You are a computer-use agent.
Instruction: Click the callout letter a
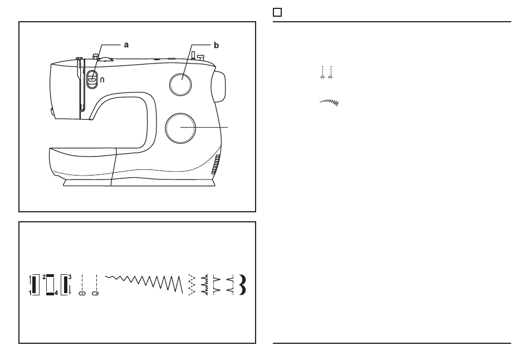click(126, 45)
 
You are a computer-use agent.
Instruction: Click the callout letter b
click(216, 45)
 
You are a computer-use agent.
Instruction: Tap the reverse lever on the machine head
click(92, 80)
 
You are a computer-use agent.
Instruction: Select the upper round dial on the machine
click(180, 84)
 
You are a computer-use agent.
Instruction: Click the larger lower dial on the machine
click(180, 128)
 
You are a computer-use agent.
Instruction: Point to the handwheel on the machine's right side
click(219, 86)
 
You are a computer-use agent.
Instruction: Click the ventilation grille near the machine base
click(216, 164)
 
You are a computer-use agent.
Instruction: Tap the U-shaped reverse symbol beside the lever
click(102, 80)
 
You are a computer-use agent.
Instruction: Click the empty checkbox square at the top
click(277, 12)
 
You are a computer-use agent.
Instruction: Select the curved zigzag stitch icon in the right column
click(329, 103)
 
